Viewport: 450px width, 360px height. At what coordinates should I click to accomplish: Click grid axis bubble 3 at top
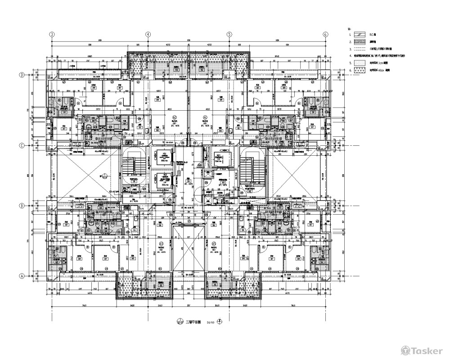(52, 34)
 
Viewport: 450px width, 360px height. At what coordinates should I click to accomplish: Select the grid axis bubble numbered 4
(147, 34)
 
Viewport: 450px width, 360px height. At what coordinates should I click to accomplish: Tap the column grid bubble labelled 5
(229, 34)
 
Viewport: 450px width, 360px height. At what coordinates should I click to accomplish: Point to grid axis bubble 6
(324, 34)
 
